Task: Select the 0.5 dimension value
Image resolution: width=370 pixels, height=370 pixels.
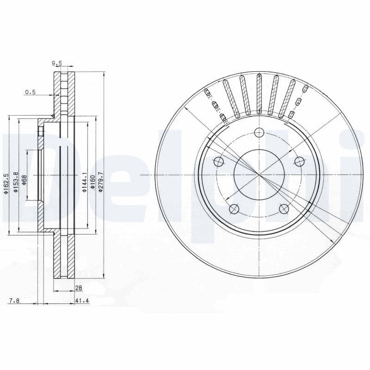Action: point(30,92)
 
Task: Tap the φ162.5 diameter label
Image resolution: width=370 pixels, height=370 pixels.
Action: point(6,184)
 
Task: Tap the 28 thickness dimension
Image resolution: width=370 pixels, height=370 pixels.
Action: point(79,288)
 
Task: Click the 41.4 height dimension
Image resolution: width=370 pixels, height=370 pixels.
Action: point(81,301)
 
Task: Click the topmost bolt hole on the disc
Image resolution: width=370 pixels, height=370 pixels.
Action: point(259,133)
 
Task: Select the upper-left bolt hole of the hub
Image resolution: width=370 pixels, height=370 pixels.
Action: point(219,162)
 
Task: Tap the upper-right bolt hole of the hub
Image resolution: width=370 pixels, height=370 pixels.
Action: point(299,162)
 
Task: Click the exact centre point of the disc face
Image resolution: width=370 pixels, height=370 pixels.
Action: point(259,175)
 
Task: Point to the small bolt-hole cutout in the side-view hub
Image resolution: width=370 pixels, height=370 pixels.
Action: point(40,132)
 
